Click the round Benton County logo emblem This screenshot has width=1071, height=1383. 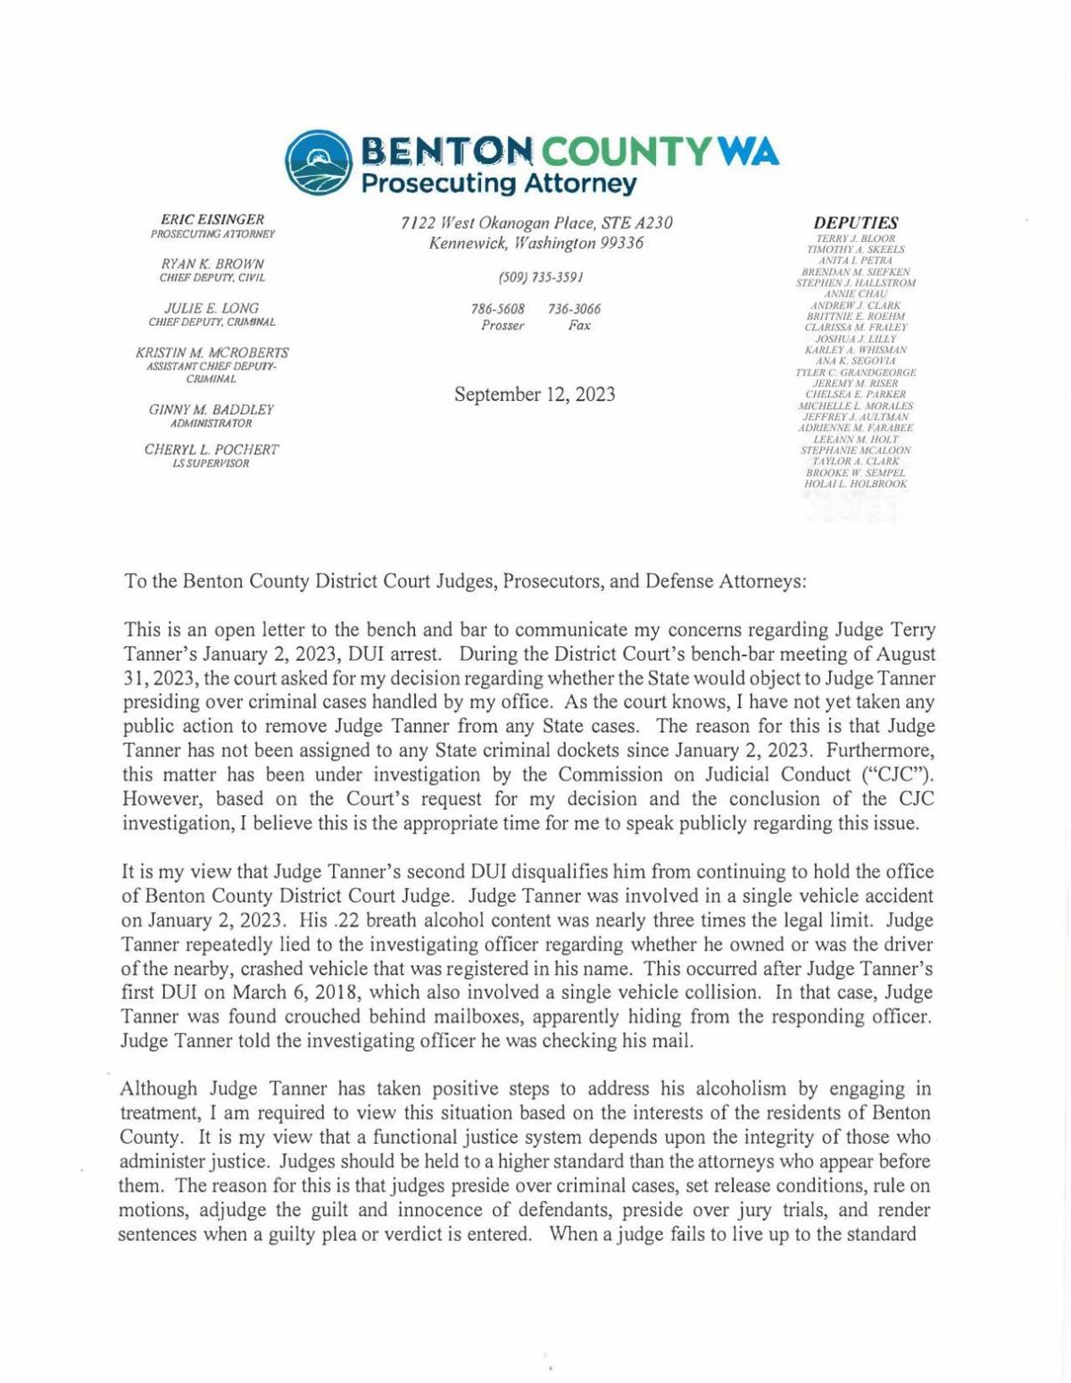319,162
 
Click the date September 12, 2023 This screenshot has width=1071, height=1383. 535,395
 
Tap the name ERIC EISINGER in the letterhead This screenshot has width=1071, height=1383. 212,220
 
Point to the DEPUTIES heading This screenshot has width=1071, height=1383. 856,223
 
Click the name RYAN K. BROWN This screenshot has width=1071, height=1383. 212,264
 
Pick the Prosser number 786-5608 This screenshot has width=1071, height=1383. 498,309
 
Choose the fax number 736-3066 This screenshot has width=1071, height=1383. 575,309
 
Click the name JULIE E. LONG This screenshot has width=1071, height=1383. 212,308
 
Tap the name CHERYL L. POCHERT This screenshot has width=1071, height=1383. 212,449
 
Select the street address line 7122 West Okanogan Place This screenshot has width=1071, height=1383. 536,222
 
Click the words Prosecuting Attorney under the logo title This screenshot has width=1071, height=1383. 498,185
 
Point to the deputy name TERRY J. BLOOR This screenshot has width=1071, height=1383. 856,239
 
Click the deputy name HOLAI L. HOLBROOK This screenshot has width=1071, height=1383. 856,484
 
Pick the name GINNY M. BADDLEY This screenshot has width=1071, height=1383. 212,409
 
